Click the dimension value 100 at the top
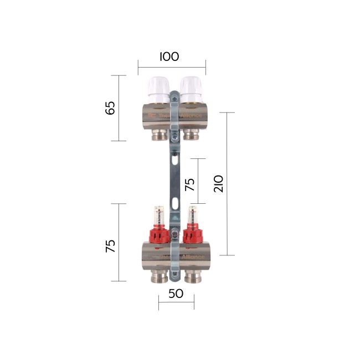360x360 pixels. pyautogui.click(x=169, y=57)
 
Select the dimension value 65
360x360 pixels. pyautogui.click(x=111, y=107)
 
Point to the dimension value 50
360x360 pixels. pyautogui.click(x=176, y=294)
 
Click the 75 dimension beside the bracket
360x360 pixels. pyautogui.click(x=190, y=184)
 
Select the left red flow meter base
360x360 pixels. pyautogui.click(x=158, y=236)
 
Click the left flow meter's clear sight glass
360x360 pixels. pyautogui.click(x=158, y=216)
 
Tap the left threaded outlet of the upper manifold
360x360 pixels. pyautogui.click(x=160, y=134)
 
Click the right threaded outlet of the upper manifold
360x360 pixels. pyautogui.click(x=191, y=134)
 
